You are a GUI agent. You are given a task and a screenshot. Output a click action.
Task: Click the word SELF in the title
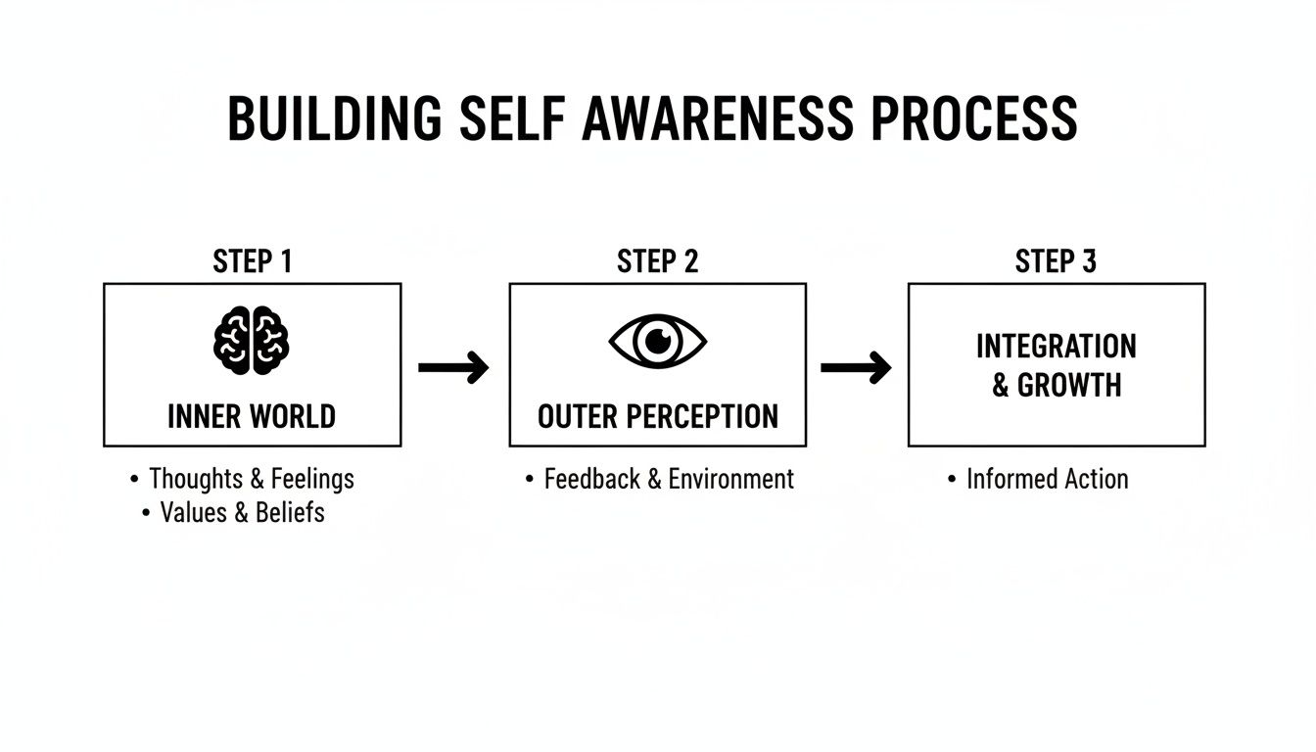(510, 120)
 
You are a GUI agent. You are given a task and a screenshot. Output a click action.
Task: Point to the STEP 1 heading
(252, 261)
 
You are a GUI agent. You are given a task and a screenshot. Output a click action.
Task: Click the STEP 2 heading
(657, 261)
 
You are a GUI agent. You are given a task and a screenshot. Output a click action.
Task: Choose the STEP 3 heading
(1056, 261)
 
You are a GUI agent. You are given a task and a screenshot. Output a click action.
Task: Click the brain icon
(252, 341)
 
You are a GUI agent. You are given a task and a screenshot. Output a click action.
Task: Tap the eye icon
(657, 341)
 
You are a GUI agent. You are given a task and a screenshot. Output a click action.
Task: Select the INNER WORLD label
(252, 416)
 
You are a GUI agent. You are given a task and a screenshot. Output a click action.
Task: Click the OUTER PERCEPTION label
(657, 416)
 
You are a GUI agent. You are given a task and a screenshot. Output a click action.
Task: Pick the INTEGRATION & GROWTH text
(1056, 365)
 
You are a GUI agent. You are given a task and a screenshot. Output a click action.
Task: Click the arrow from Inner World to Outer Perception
(453, 368)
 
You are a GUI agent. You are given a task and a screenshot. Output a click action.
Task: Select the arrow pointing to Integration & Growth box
(856, 368)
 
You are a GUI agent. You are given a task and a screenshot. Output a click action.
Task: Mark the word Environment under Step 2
(730, 479)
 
